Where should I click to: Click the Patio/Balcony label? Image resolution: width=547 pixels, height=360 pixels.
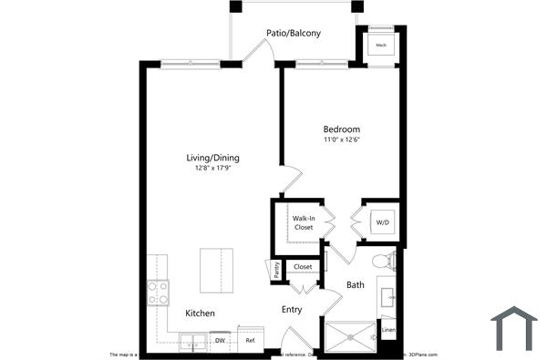[x=293, y=33]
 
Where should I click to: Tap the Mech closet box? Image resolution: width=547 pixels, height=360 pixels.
[x=380, y=44]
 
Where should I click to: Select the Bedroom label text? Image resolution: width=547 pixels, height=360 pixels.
[x=341, y=129]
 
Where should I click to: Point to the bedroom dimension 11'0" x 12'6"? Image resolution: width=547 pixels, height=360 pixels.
[x=341, y=140]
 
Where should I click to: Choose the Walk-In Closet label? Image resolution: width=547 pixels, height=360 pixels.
[x=303, y=222]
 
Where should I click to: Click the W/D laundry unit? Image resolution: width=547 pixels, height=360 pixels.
[x=381, y=222]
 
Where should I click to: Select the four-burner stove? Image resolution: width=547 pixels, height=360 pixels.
[x=158, y=293]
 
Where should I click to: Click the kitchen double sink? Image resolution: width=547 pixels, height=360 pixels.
[x=193, y=342]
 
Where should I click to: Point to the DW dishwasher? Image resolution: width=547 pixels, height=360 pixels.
[x=220, y=341]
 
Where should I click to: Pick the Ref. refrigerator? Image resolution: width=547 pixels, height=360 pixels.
[x=249, y=341]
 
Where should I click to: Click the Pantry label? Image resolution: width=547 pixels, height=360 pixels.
[x=274, y=271]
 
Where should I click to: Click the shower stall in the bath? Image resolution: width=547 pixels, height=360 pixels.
[x=348, y=336]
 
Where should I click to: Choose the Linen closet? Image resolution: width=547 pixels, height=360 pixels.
[x=388, y=330]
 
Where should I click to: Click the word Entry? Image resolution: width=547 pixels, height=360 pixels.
[x=291, y=310]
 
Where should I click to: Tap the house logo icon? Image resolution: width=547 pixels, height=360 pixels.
[x=515, y=329]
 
